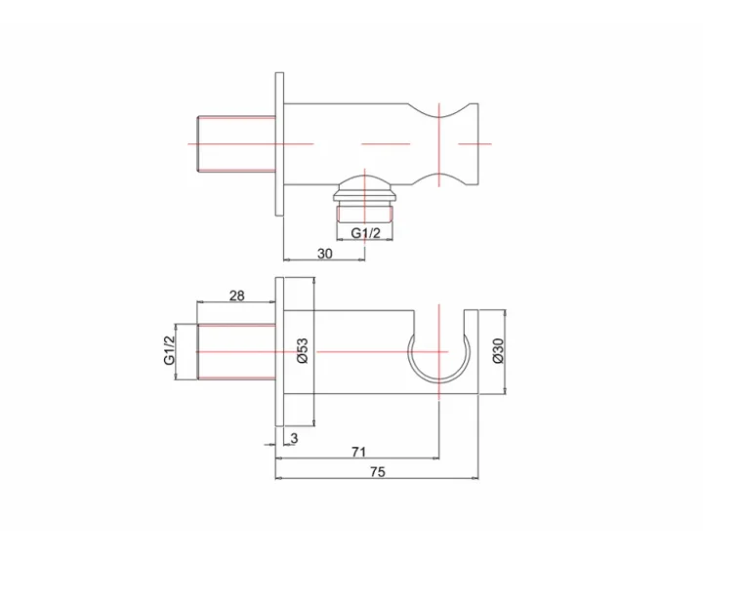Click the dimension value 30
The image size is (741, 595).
point(325,253)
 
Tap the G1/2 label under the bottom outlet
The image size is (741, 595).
point(365,232)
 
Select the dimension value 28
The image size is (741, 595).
point(237,296)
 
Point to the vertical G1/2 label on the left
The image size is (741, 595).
point(168,349)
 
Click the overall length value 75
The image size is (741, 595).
point(377,472)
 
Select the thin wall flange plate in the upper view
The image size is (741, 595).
point(279,143)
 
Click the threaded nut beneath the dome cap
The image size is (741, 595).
point(365,211)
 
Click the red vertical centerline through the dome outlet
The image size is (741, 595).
point(366,195)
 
